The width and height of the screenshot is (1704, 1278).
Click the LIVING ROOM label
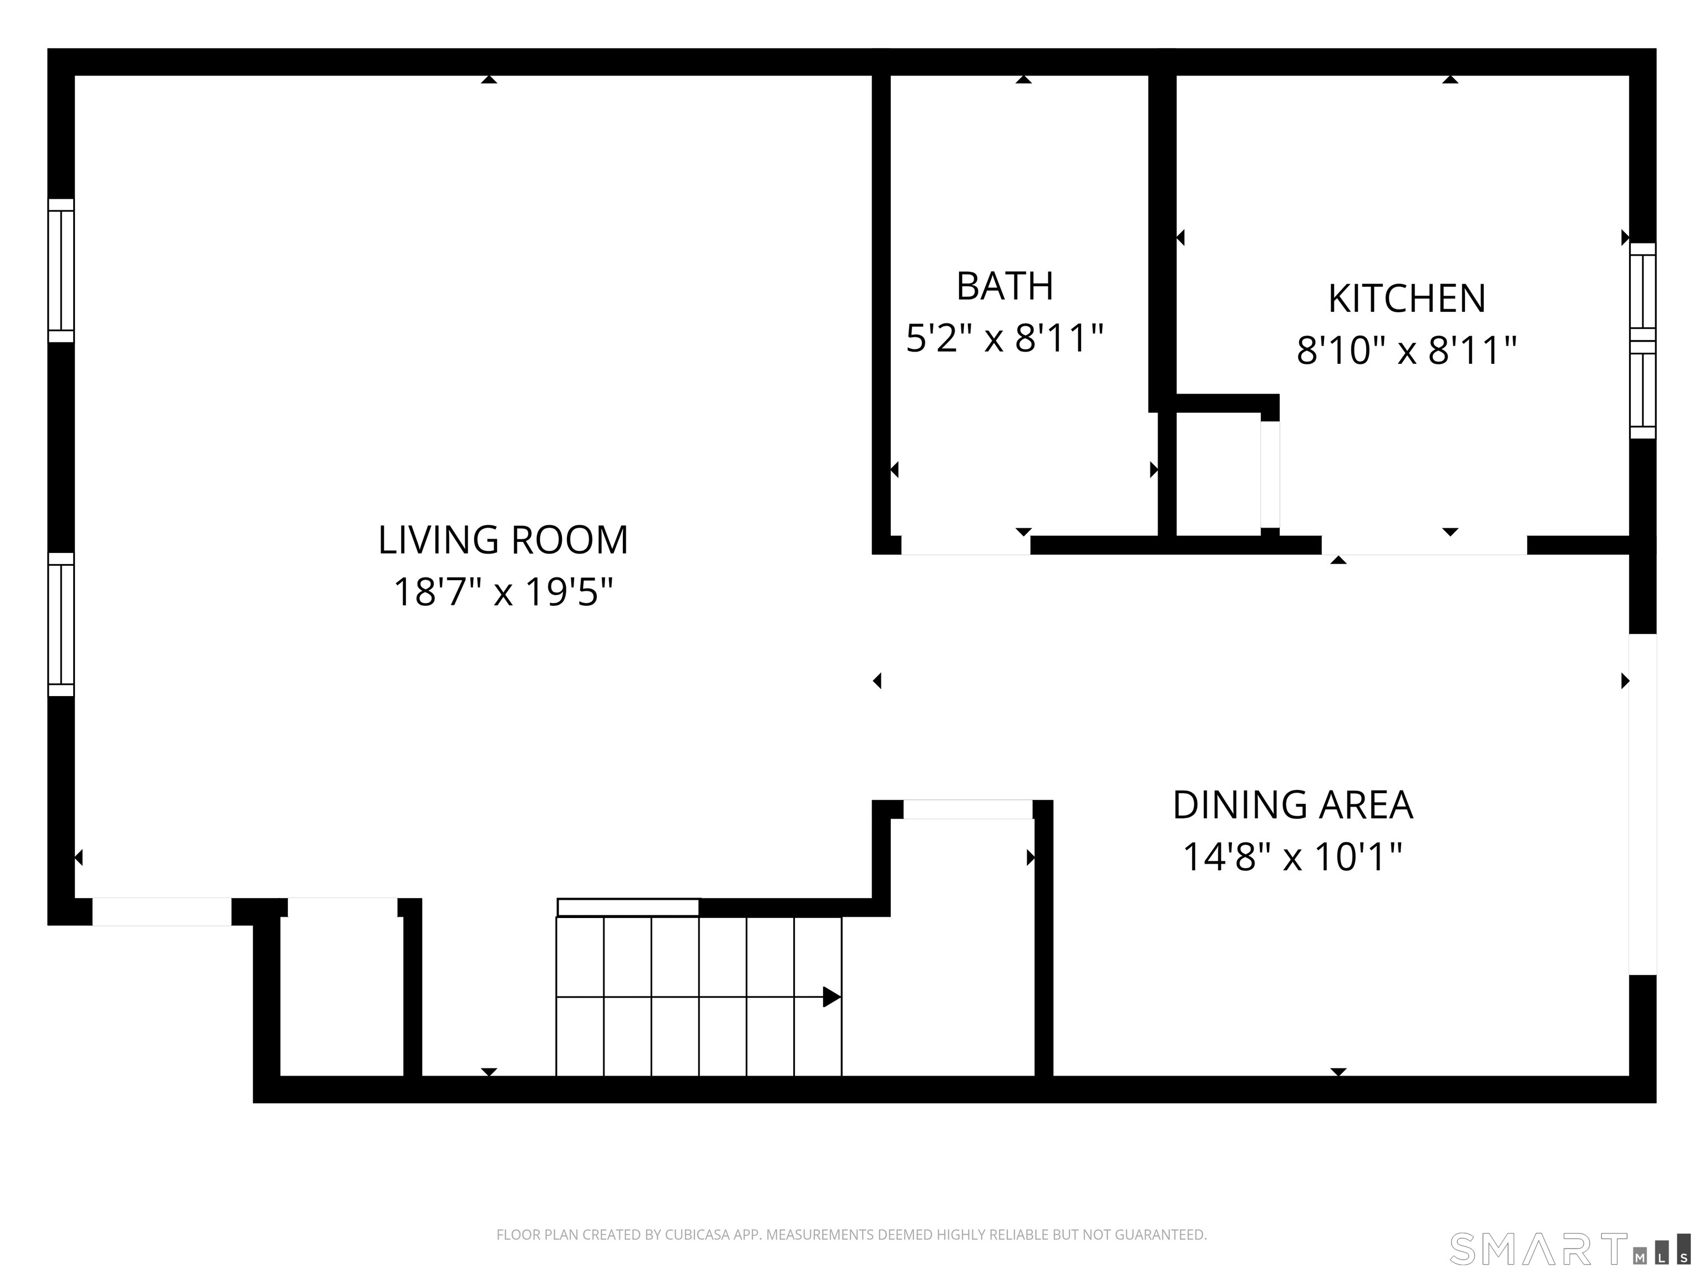503,540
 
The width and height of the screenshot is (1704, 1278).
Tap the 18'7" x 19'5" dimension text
503,592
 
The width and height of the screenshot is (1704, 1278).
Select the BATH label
1005,287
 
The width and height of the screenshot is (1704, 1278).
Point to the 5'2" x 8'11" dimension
1005,338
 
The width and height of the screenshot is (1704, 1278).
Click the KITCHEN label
1407,299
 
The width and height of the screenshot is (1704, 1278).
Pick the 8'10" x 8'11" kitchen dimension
1407,351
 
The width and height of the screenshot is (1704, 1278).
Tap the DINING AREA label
1292,805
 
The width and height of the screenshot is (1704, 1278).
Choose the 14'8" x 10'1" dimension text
1292,856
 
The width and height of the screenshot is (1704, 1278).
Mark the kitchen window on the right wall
1642,341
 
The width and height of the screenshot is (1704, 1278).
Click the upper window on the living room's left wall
61,270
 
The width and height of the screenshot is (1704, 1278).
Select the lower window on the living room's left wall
61,625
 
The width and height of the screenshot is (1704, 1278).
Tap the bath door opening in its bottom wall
965,545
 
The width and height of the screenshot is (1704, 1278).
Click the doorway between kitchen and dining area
1423,545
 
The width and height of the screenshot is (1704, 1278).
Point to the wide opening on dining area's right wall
1642,804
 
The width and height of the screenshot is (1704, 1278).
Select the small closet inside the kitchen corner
1218,474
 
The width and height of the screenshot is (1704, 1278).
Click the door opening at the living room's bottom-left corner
162,911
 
